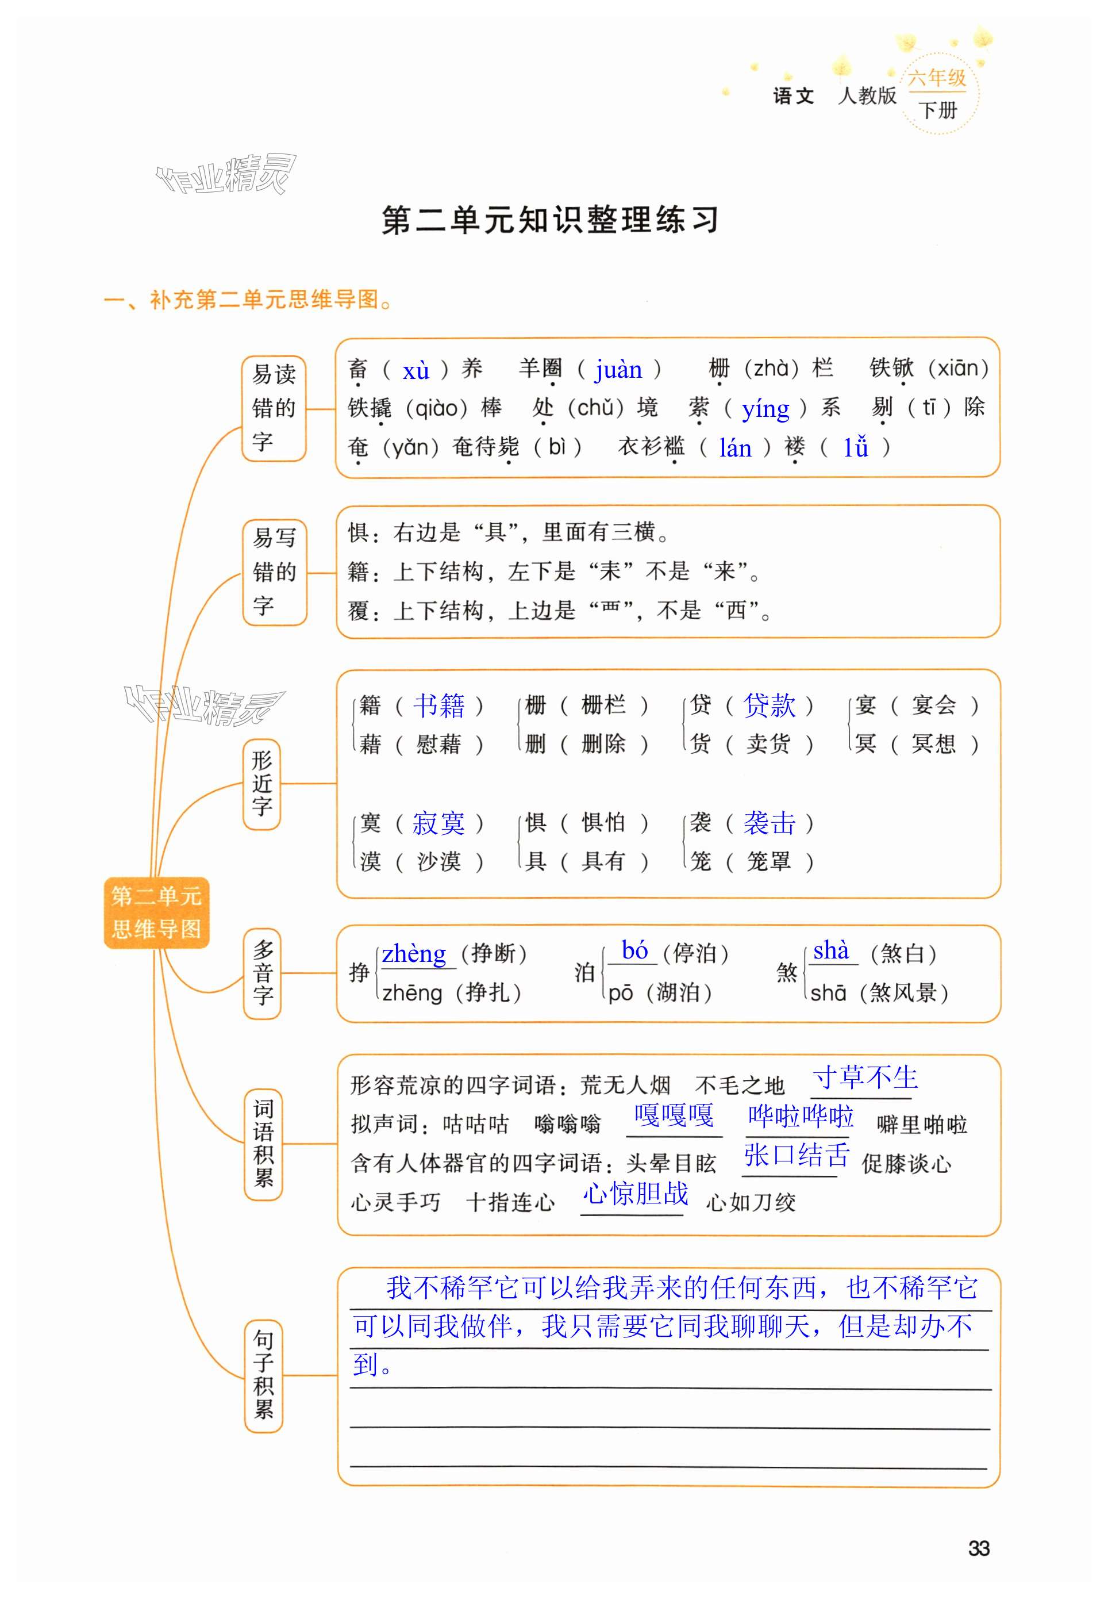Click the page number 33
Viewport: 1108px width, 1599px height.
tap(978, 1548)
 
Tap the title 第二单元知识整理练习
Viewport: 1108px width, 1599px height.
tap(550, 220)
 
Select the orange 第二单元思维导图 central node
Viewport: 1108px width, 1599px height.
tap(156, 912)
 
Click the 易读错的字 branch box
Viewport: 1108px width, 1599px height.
tap(274, 408)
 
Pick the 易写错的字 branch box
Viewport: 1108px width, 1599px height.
tap(274, 572)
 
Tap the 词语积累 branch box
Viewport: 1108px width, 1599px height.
tap(263, 1142)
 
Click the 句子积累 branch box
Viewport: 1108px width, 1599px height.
tap(263, 1375)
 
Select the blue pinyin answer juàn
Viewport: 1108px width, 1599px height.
tap(618, 370)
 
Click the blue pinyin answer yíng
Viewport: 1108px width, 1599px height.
tap(765, 409)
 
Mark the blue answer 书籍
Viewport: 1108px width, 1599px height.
tap(438, 705)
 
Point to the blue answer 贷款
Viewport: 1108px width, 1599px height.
tap(769, 705)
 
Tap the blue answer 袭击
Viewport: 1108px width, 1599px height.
tap(769, 823)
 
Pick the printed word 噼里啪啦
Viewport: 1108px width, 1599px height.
tap(922, 1124)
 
